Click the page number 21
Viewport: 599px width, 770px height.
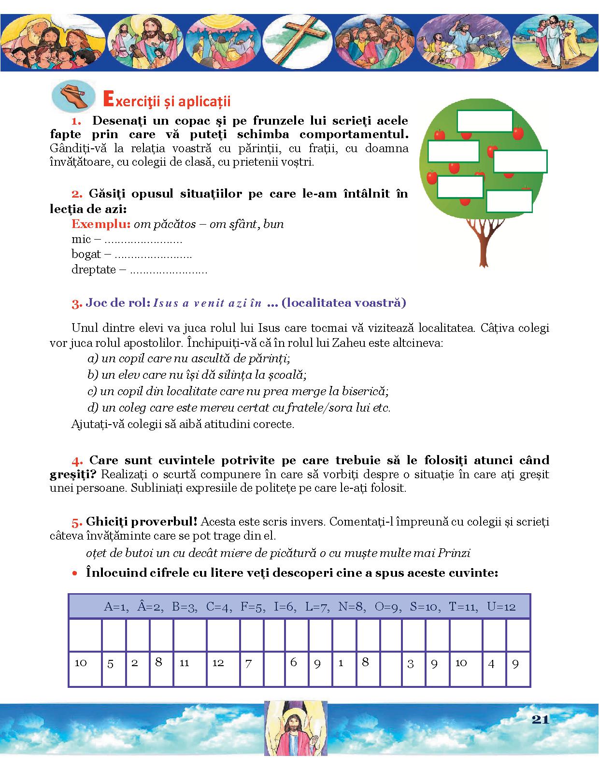click(540, 719)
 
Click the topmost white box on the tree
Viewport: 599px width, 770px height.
click(485, 121)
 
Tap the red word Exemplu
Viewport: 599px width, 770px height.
click(101, 224)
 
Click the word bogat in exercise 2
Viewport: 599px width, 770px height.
click(86, 255)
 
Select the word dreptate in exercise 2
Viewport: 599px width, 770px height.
click(94, 270)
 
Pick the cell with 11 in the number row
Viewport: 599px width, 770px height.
click(185, 663)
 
